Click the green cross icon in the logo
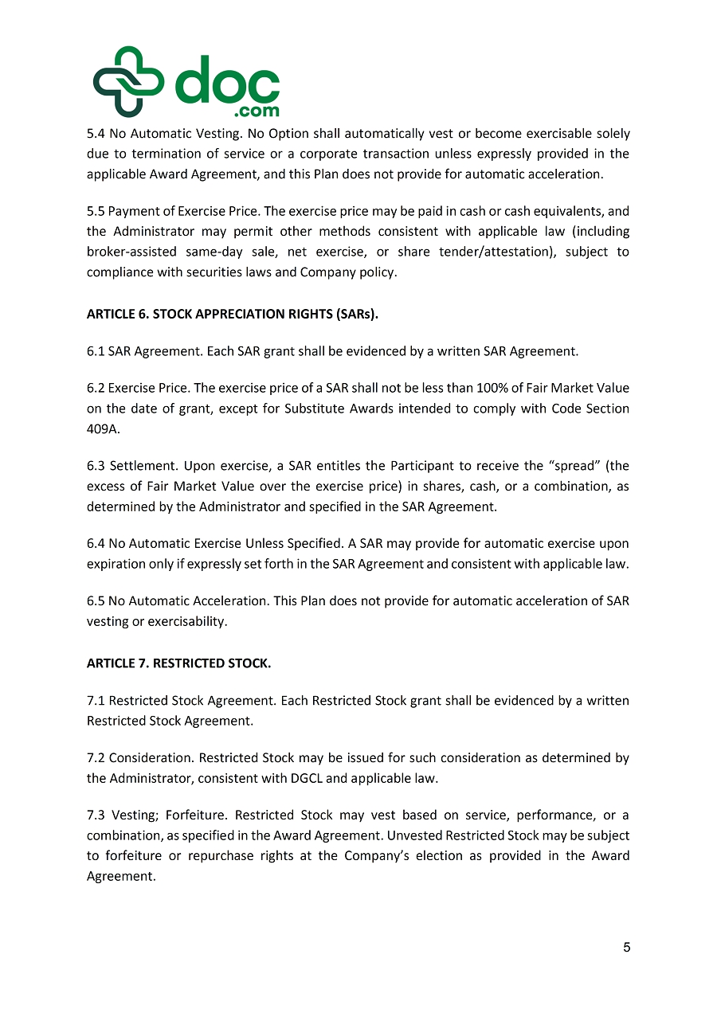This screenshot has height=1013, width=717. (127, 81)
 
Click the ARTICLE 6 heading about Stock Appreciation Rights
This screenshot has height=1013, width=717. (232, 314)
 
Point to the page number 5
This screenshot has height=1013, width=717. (627, 948)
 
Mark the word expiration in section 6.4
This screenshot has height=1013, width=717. (118, 564)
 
